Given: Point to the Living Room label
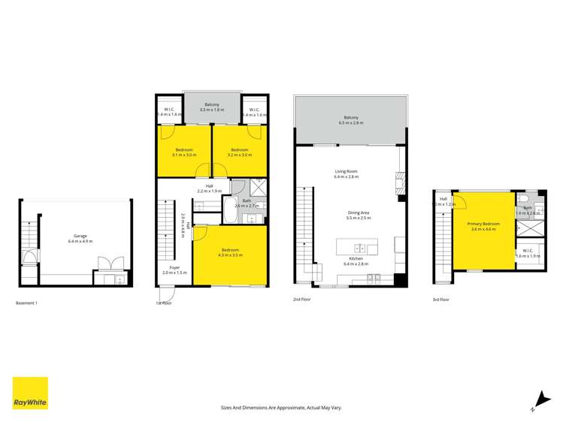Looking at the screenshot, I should coord(347,174).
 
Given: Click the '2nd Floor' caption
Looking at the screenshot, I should coord(302,300).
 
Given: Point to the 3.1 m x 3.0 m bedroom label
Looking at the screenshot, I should coord(183,152).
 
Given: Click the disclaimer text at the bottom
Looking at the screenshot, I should coord(281,408).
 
